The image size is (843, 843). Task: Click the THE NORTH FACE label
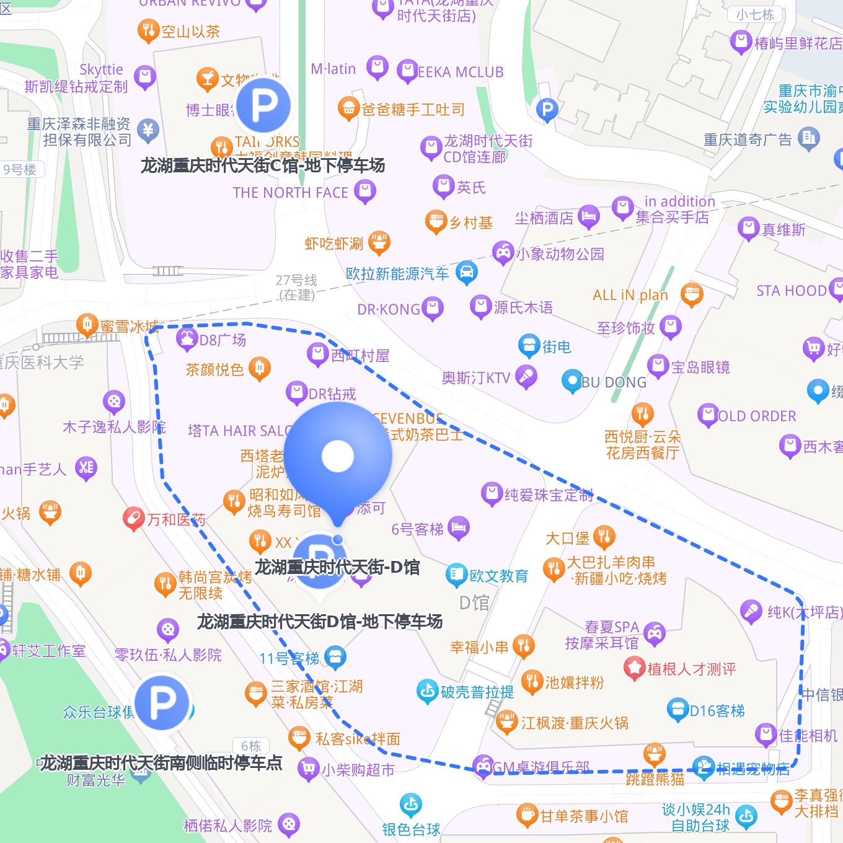point(291,193)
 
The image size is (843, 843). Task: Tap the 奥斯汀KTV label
point(476,377)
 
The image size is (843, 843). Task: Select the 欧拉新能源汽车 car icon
point(467,272)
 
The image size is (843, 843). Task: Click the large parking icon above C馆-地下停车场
point(263,105)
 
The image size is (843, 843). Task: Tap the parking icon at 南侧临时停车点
point(162,702)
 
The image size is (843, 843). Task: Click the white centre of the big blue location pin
point(338,456)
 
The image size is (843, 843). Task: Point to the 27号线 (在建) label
point(297,287)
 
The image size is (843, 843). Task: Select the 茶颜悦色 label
point(214,369)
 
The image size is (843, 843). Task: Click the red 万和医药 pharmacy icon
point(133,519)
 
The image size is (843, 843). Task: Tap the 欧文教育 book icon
point(456,575)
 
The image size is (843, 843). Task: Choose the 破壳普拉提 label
point(477,692)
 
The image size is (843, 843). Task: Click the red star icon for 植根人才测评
point(635,668)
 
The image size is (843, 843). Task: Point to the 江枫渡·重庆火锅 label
point(575,723)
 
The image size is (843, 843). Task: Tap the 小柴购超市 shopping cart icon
point(308,769)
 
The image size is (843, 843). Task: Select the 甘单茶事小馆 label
point(584,816)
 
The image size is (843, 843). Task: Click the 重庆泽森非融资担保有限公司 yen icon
point(148,130)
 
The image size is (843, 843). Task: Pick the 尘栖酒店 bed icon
point(588,217)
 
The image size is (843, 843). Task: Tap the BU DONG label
point(614,382)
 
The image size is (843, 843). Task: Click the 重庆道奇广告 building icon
point(809,138)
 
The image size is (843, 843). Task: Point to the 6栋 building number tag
point(251,746)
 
